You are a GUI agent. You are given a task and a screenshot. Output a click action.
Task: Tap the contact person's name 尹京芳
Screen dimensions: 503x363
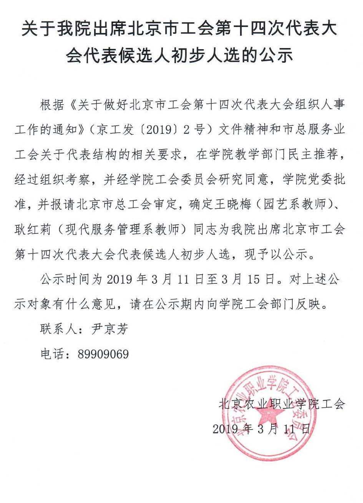[x=109, y=329]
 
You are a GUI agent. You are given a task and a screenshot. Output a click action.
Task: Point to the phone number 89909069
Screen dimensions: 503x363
[x=103, y=354]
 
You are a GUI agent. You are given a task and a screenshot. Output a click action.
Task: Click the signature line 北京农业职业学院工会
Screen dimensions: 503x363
[x=282, y=404]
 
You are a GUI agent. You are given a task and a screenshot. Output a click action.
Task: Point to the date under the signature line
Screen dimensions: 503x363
[x=261, y=428]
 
